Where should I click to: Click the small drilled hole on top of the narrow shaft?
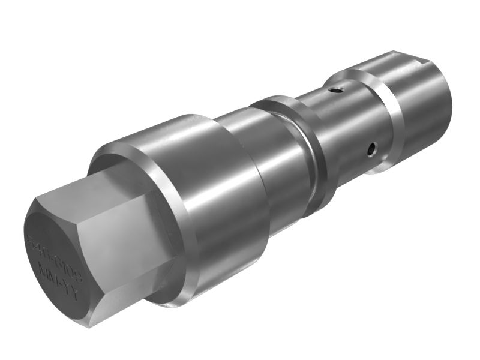[x=337, y=91]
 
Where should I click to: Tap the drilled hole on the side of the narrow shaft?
[x=371, y=148]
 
